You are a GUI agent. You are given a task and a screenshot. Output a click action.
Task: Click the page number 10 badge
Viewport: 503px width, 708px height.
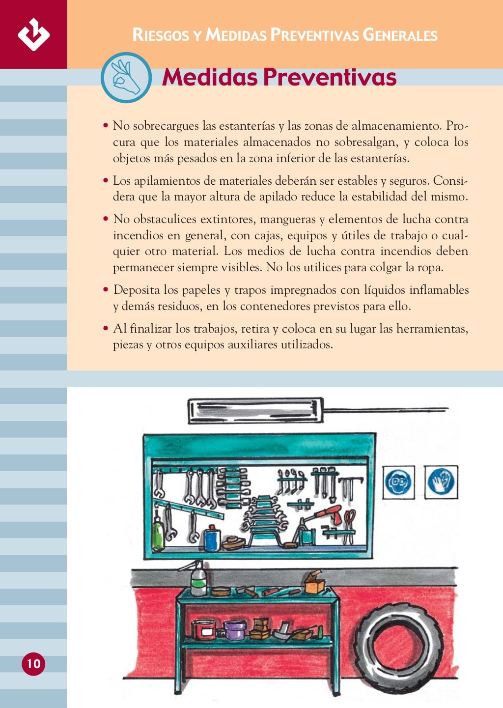click(x=33, y=664)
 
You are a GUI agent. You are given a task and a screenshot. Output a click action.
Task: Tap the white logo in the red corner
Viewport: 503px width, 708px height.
click(x=33, y=34)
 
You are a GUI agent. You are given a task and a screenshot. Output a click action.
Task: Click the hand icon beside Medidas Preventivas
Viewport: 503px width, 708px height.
click(x=126, y=78)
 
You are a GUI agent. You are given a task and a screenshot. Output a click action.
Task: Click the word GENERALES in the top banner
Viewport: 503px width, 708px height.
click(x=400, y=35)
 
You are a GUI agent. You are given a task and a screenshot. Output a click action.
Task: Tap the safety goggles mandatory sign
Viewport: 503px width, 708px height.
click(x=398, y=482)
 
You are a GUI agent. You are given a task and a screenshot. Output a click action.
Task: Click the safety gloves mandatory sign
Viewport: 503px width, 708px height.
click(x=441, y=481)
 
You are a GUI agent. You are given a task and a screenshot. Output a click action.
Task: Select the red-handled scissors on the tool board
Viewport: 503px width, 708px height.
click(x=349, y=523)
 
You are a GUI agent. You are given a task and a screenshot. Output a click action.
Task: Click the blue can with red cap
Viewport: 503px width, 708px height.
click(x=212, y=538)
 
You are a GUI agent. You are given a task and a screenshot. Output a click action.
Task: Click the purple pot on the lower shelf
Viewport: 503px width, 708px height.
click(x=235, y=629)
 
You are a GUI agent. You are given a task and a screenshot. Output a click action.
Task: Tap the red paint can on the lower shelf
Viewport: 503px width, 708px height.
click(x=204, y=629)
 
